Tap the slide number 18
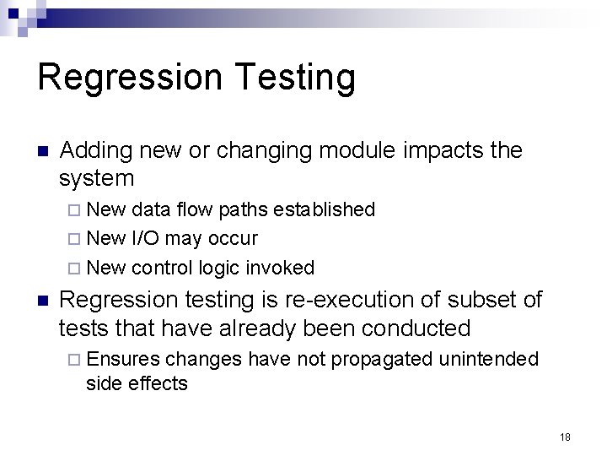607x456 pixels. click(x=565, y=437)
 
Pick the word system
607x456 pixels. click(x=96, y=178)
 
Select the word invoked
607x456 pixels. click(x=280, y=269)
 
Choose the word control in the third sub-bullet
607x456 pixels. click(x=163, y=269)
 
